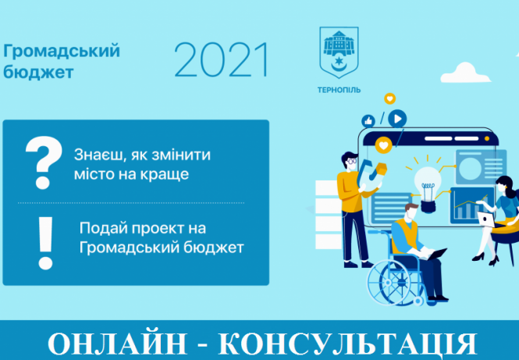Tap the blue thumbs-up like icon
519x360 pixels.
368,122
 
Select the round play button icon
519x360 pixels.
398,119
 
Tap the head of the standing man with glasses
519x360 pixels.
351,159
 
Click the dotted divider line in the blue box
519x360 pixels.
136,202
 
